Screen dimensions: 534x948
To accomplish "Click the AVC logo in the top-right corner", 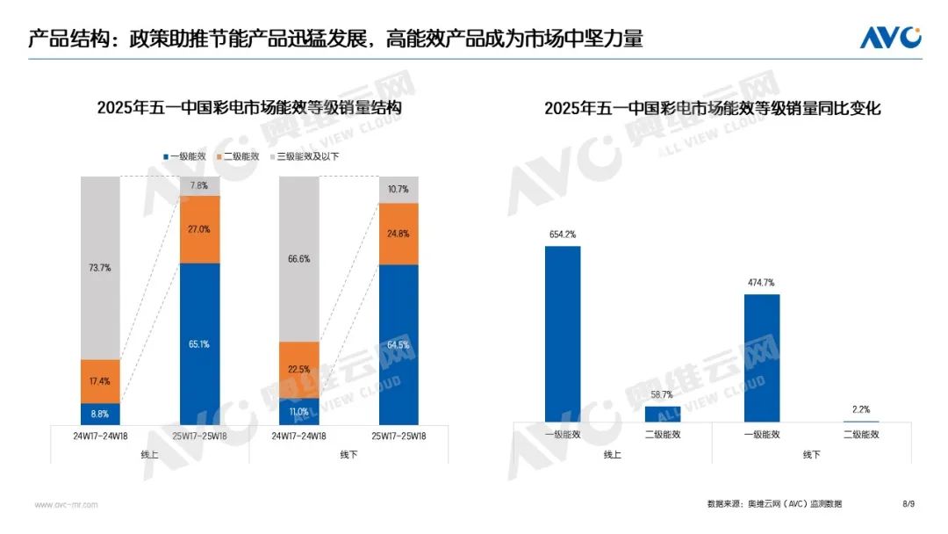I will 890,38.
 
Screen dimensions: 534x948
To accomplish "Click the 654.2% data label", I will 563,235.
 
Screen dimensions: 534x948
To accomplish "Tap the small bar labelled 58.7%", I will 663,414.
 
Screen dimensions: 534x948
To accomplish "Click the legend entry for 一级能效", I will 184,156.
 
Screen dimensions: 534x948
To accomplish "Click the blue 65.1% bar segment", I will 199,343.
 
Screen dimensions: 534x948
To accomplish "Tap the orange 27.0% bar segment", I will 199,229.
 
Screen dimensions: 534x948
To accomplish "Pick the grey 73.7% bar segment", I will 100,267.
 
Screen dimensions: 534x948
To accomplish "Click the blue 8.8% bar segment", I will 100,414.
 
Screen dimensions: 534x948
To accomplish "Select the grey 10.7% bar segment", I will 399,189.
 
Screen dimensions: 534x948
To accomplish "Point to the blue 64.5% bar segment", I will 399,344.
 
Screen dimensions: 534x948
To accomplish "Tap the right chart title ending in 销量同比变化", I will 712,109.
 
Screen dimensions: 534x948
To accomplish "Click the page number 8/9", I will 908,504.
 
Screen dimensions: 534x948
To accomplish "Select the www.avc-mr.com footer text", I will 66,505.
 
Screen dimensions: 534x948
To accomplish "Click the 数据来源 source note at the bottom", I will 773,504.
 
